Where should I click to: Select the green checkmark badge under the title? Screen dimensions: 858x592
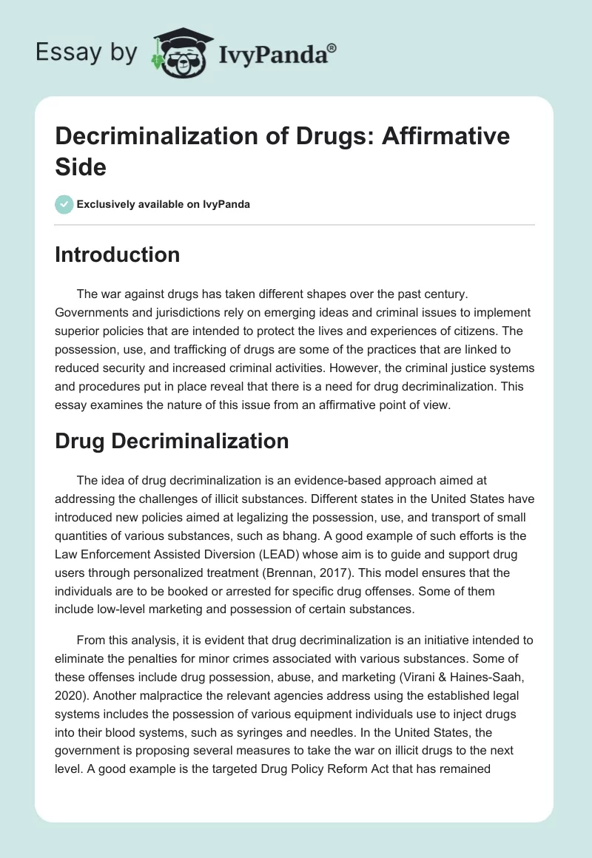pyautogui.click(x=64, y=204)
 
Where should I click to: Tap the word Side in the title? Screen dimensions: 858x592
pyautogui.click(x=81, y=167)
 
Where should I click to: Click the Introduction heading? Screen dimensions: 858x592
pyautogui.click(x=118, y=254)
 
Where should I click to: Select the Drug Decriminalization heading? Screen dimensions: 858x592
pyautogui.click(x=172, y=441)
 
